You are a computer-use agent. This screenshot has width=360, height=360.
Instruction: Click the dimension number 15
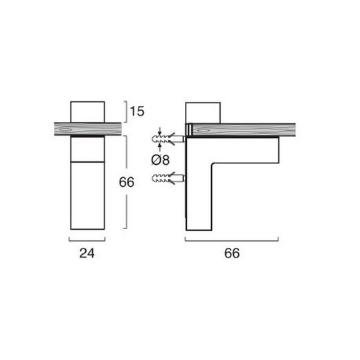click(x=137, y=111)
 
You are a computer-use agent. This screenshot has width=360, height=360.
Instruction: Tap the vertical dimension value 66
click(x=127, y=182)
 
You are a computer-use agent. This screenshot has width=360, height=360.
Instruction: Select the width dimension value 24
click(x=87, y=253)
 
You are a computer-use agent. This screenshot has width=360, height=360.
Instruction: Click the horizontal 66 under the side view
click(x=232, y=253)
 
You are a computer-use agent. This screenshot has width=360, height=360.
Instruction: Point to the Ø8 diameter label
click(x=161, y=160)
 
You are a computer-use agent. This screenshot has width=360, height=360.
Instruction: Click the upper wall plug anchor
click(x=168, y=138)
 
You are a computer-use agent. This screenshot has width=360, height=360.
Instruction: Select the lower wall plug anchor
click(x=168, y=179)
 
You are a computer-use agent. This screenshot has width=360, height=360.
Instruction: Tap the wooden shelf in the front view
click(x=88, y=129)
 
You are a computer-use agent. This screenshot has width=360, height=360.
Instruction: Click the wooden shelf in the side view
click(x=241, y=130)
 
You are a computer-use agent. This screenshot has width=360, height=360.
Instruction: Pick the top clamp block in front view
click(x=87, y=112)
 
